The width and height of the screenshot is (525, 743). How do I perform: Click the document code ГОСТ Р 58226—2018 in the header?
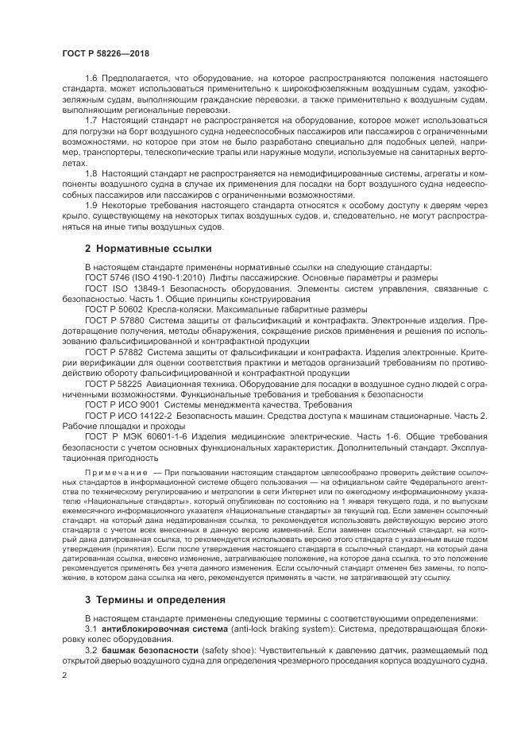tap(105, 53)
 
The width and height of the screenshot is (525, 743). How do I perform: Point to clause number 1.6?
tap(91, 79)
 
